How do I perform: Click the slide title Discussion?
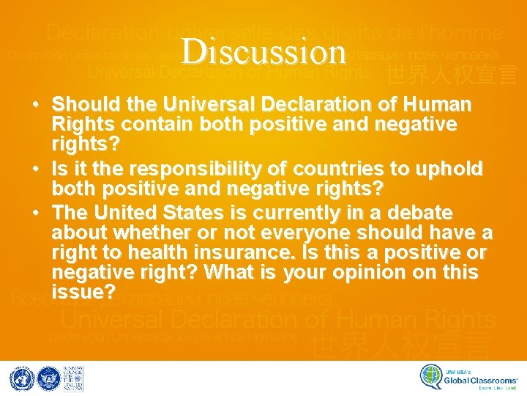point(263,51)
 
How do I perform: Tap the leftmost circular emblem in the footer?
point(21,378)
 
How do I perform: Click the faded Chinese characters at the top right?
point(452,74)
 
